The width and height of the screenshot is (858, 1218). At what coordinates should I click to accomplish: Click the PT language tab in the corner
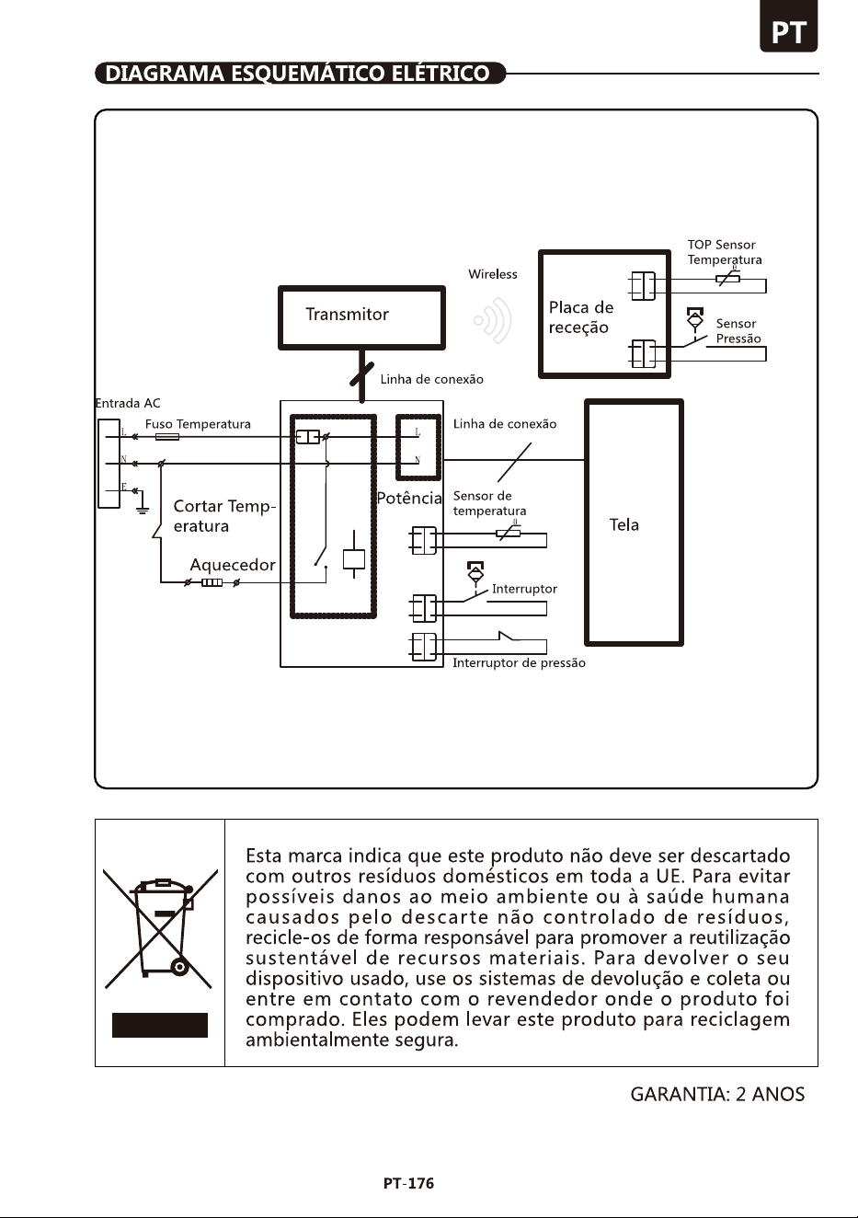click(788, 26)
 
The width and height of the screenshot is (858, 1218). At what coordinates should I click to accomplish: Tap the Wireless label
click(493, 274)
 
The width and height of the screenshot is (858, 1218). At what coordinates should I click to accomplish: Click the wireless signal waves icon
click(493, 320)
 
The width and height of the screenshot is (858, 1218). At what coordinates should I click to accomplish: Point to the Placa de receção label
click(580, 317)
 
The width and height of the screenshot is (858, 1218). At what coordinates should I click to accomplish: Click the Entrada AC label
click(128, 403)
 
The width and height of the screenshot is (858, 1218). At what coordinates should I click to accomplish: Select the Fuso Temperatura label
click(198, 424)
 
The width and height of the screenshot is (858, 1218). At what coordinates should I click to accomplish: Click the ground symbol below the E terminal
click(142, 509)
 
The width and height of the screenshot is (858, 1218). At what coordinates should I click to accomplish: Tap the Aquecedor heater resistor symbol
click(212, 583)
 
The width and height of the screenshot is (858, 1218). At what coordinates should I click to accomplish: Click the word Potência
click(409, 498)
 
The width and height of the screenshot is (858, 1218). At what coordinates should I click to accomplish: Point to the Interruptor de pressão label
click(520, 663)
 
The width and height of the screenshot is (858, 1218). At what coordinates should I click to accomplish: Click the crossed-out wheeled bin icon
click(160, 929)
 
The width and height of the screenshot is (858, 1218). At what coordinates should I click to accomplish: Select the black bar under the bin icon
click(160, 1025)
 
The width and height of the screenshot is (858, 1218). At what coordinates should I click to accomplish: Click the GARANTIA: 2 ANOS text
click(717, 1094)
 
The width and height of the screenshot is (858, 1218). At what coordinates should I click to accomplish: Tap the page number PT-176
click(409, 1183)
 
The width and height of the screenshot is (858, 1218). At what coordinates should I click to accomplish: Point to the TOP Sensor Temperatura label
click(725, 252)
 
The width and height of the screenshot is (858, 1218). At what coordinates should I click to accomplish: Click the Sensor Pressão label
click(738, 331)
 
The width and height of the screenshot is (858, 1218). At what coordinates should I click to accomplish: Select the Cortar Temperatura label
click(224, 516)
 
